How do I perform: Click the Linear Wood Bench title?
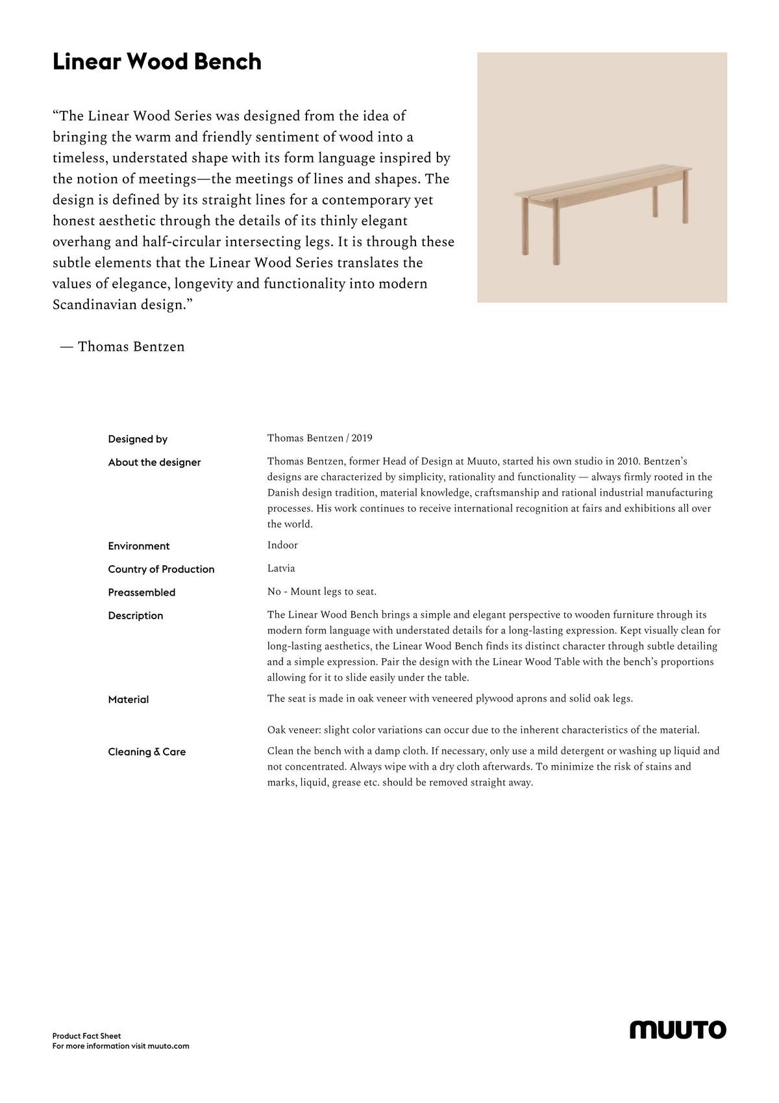(156, 62)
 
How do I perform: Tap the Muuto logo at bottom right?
(678, 1030)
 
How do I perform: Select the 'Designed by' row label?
(138, 439)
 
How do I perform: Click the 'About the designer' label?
(155, 463)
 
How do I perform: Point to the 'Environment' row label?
(139, 546)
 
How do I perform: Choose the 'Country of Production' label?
(161, 570)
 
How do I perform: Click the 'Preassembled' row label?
(142, 592)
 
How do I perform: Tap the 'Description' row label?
(136, 616)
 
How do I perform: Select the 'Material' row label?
(129, 700)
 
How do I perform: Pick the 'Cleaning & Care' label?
(147, 752)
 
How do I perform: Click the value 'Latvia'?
(281, 568)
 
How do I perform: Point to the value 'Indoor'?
(282, 545)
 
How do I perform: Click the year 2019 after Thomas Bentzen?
(362, 438)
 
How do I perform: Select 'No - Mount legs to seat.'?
(322, 592)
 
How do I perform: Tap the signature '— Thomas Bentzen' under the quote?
(123, 347)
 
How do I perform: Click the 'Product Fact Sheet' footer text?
(86, 1036)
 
